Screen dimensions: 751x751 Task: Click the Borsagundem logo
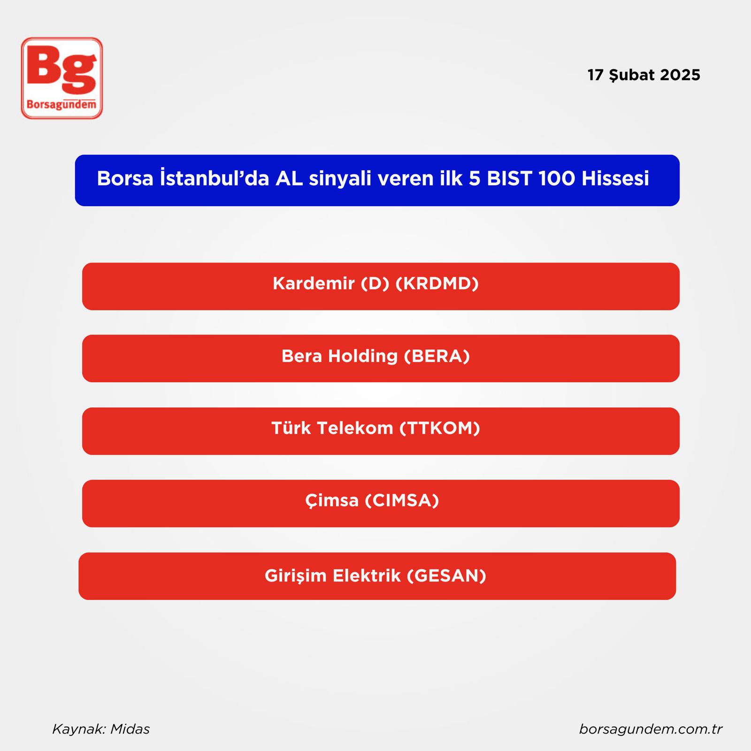point(61,78)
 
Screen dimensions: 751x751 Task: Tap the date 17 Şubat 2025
point(644,75)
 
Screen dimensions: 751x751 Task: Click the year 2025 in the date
point(680,75)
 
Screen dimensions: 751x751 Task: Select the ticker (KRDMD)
point(437,284)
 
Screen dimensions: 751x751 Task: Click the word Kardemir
point(314,284)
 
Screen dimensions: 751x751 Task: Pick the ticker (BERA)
point(437,356)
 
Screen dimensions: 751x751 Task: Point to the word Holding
point(363,356)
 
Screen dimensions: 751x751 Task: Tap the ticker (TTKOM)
point(440,428)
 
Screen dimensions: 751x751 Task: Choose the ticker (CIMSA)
point(402,500)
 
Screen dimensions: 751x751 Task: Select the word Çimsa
point(332,501)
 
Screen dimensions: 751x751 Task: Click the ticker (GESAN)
point(446,575)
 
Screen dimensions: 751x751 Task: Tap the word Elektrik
point(367,575)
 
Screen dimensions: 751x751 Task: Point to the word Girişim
point(296,576)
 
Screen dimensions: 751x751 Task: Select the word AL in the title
point(289,178)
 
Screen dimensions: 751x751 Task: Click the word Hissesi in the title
point(615,178)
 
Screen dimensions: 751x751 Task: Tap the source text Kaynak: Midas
point(101,729)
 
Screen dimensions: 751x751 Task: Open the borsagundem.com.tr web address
point(651,729)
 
